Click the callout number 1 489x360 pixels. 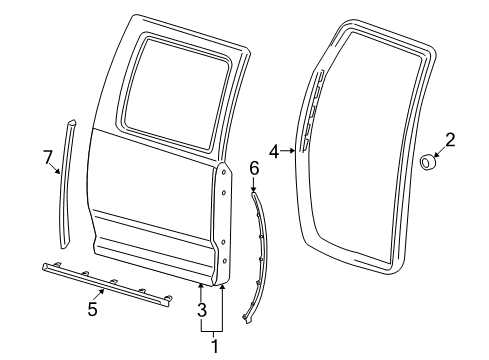pos(212,346)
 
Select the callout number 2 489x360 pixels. pos(449,140)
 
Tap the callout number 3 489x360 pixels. pos(202,309)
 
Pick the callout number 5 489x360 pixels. pos(92,309)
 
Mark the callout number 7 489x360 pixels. pos(46,155)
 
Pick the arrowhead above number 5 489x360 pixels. pos(101,290)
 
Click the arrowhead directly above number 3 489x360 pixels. pos(201,286)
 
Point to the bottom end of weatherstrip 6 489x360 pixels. pos(247,320)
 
